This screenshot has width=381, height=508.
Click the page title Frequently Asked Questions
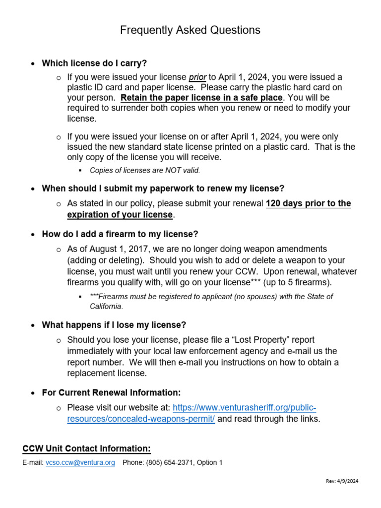190,30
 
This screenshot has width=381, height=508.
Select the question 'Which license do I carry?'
94,63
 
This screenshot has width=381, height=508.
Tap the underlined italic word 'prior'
197,77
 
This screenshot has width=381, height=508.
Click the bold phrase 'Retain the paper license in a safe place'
201,98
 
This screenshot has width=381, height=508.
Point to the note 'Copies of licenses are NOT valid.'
145,170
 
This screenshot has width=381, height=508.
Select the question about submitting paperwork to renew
163,189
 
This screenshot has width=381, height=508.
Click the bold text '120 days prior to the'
308,203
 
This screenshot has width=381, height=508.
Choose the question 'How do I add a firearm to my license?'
120,234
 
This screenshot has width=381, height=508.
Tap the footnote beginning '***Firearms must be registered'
211,297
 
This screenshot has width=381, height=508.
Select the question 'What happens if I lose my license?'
114,325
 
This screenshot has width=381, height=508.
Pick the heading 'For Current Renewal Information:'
111,393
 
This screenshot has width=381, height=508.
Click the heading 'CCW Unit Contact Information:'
86,449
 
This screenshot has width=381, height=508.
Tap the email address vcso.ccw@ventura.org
80,463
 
